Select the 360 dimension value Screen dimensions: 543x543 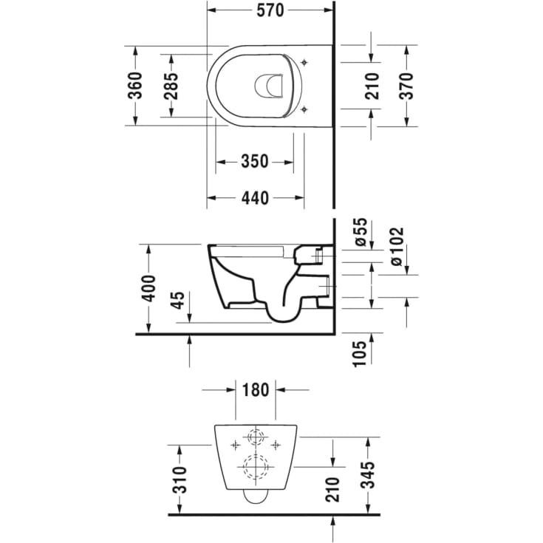click(135, 86)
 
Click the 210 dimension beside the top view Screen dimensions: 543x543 click(372, 86)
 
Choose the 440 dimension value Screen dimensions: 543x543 click(254, 197)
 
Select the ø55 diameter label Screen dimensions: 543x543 click(361, 231)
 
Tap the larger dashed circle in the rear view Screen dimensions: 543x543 click(256, 466)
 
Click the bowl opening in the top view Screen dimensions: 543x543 click(269, 86)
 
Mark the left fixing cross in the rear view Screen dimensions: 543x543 click(236, 445)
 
